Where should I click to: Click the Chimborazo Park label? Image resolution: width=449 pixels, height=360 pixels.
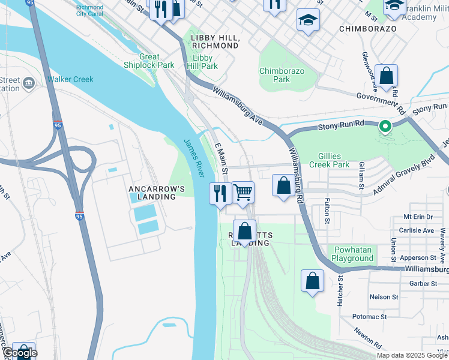[x=282, y=75]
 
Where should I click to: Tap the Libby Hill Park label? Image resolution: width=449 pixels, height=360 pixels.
[x=202, y=62]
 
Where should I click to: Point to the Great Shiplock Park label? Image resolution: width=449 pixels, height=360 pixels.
[x=149, y=61]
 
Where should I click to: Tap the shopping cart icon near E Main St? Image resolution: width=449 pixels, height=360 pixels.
[x=243, y=192]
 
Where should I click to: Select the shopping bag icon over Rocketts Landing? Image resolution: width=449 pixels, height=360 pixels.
[x=245, y=231]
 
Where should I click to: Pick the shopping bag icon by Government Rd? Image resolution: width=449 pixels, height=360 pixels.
[x=387, y=76]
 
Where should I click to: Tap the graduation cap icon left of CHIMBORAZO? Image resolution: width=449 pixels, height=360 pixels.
[x=308, y=20]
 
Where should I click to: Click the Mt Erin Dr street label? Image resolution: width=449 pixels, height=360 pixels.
[x=418, y=217]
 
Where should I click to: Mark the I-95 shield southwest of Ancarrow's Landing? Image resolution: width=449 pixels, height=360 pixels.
[x=80, y=217]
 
